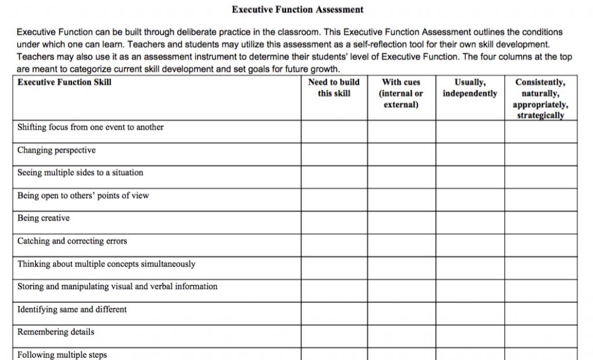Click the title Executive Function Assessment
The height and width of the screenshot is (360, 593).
pos(298,9)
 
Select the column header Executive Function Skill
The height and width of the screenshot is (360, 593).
pos(64,82)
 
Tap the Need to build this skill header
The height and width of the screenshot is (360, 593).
pos(334,87)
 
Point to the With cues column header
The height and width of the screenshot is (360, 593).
pos(401,93)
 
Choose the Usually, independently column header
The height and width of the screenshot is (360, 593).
pos(470,87)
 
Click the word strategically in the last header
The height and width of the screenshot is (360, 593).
pos(540,115)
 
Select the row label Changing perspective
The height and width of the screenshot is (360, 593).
pos(56,150)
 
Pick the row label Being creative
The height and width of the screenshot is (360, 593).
pos(43,218)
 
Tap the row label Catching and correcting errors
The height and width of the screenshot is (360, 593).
pos(72,241)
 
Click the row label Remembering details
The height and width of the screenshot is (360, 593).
pos(56,332)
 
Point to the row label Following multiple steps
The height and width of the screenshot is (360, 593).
pos(62,355)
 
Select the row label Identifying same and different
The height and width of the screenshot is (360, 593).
pos(72,310)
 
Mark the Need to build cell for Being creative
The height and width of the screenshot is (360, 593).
pos(334,222)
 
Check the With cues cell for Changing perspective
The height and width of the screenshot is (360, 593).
pos(401,154)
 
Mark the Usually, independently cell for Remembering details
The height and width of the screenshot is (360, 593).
pos(470,336)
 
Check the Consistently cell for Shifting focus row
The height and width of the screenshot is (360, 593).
pos(540,131)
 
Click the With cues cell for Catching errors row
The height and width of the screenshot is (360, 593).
pos(401,245)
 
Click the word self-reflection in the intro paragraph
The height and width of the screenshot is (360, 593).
pos(382,44)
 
